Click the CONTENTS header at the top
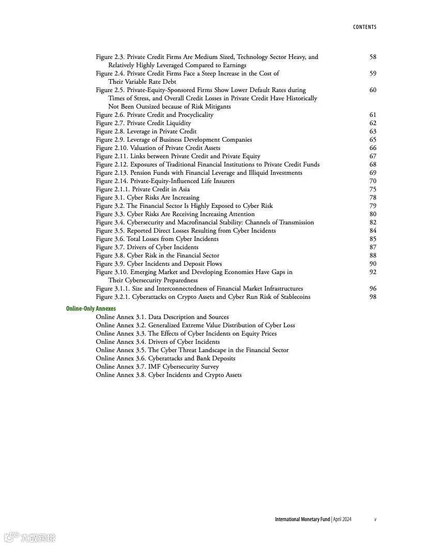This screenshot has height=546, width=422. (x=365, y=27)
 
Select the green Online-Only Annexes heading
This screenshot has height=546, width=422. (x=91, y=309)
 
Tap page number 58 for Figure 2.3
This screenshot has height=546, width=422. (x=373, y=57)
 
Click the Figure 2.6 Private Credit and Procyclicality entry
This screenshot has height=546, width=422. (x=154, y=115)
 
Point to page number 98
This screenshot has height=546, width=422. (x=373, y=297)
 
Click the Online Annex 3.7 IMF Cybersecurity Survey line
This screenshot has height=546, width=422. (x=157, y=367)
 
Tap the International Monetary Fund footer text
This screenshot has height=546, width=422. (x=302, y=519)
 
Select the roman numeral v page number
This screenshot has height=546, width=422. (x=375, y=519)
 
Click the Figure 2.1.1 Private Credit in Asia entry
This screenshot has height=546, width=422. (x=143, y=189)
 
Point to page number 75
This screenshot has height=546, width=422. (x=373, y=189)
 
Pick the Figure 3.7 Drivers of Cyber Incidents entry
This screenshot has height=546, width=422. (x=147, y=247)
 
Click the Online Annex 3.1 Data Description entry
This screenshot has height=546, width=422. (x=162, y=317)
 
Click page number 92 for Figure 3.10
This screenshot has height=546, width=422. (x=373, y=272)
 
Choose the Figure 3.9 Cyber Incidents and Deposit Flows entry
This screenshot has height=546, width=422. (x=159, y=264)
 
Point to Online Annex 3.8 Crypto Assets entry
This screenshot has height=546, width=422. (x=169, y=375)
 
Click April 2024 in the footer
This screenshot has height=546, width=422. (x=342, y=519)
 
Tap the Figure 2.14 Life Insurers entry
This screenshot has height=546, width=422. (x=165, y=181)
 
